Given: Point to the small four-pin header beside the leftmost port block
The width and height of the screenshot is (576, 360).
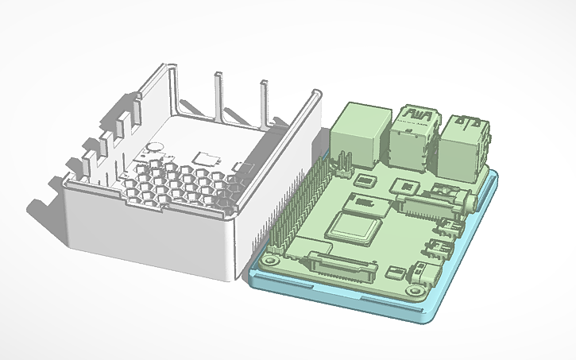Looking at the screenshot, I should click(343, 165).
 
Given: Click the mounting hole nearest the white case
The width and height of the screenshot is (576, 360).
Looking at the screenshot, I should click(270, 260).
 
